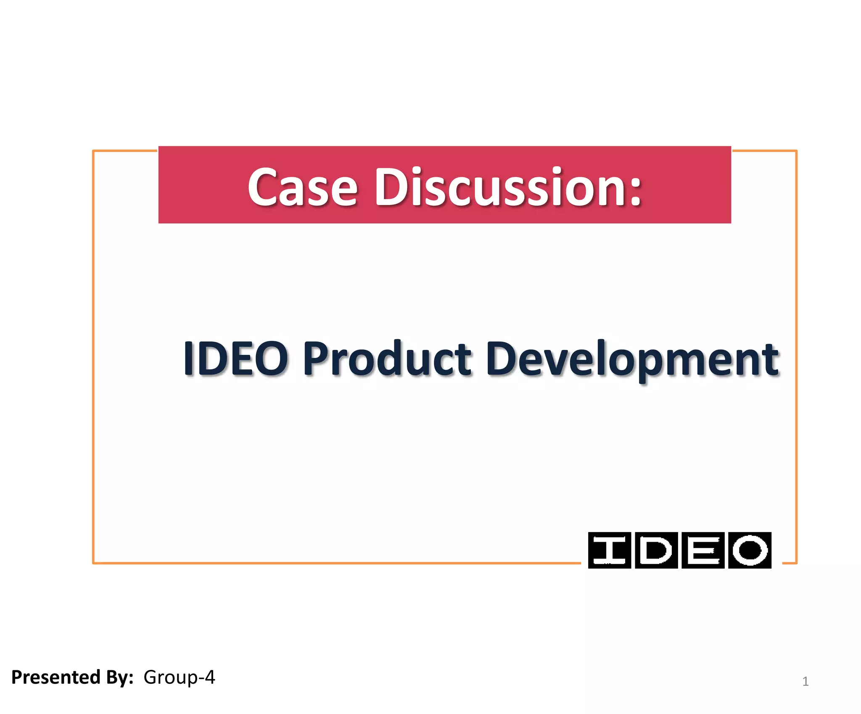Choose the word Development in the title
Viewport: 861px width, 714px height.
[632, 359]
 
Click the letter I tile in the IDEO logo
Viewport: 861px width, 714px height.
[609, 550]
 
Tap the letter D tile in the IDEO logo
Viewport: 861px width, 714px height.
[656, 550]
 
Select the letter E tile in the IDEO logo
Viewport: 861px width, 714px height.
[703, 550]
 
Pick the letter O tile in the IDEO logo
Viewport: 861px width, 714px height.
[750, 550]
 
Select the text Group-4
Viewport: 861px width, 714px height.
[179, 677]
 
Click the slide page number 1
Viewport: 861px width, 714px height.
[805, 681]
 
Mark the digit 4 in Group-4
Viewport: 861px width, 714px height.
[209, 677]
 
